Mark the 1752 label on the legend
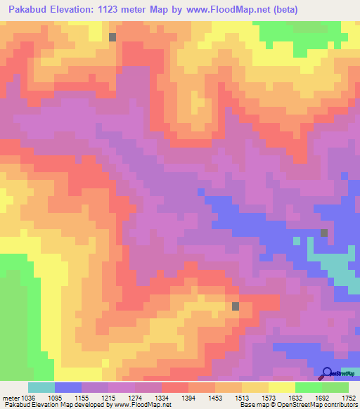coord(349,398)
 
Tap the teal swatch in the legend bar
coord(41,387)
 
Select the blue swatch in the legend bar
coord(67,387)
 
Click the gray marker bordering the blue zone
coord(324,233)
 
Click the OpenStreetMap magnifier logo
coord(326,372)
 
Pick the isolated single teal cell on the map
coord(297,240)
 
